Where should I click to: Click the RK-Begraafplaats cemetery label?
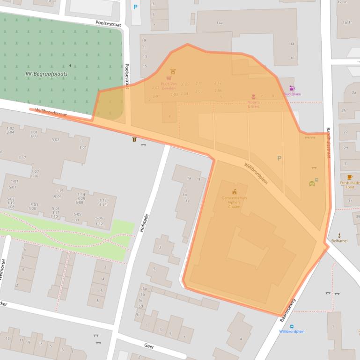coord(46,74)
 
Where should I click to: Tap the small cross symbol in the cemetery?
coord(71,65)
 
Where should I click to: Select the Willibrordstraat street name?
coord(51,112)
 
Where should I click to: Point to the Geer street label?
coord(149,346)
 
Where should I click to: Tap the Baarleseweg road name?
coord(288,311)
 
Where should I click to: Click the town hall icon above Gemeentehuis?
coord(234,191)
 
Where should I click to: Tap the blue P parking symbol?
coord(136,7)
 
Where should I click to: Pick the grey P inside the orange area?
coord(279,158)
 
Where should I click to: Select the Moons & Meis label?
coord(253,104)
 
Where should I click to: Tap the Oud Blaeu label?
coord(292,94)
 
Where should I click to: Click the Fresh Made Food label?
coord(350,185)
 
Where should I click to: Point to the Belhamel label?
coord(339,241)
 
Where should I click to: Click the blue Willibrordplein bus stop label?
coord(292,331)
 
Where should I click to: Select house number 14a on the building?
coord(220,22)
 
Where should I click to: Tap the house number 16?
coord(293,58)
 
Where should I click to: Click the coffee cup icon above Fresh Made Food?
coord(350,177)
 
